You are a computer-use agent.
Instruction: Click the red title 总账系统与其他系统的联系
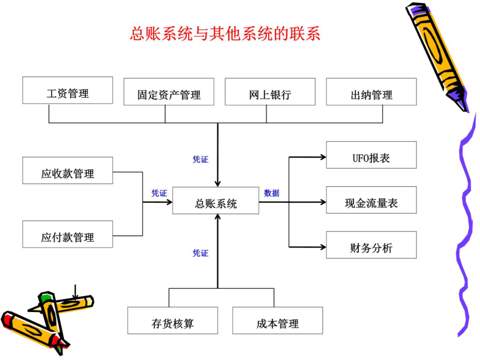(225, 34)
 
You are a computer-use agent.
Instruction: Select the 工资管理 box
(68, 90)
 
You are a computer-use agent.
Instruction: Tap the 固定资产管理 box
(169, 92)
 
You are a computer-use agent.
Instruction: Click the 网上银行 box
(270, 92)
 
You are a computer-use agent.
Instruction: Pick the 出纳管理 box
(371, 92)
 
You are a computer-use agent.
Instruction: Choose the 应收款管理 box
(68, 171)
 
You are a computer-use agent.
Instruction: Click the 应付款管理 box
(68, 234)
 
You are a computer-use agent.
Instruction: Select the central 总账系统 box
(216, 201)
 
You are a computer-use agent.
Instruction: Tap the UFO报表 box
(371, 155)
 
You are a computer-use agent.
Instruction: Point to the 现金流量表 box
(371, 200)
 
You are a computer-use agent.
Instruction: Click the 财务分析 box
(371, 245)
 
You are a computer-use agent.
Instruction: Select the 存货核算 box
(173, 321)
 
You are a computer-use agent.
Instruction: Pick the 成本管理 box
(278, 321)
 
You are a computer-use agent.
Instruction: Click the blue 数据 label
(271, 193)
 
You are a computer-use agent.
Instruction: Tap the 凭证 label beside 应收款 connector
(159, 193)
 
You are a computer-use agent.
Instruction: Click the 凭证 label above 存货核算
(201, 253)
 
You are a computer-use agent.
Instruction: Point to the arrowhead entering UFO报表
(323, 157)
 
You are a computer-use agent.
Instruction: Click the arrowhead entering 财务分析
(323, 247)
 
